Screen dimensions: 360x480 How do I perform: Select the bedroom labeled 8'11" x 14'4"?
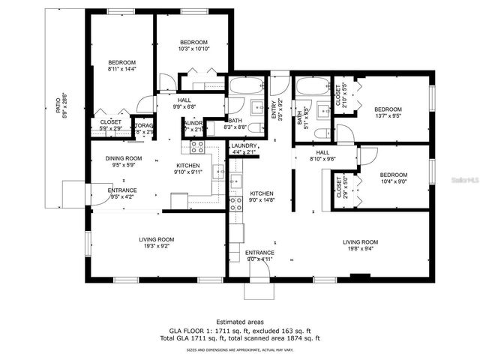coord(121,65)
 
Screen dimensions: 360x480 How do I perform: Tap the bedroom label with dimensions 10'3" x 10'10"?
coord(193,44)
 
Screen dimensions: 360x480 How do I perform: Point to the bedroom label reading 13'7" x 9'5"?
coord(388,112)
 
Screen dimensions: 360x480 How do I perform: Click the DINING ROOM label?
coord(123,161)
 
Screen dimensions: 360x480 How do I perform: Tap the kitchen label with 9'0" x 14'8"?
coord(261,196)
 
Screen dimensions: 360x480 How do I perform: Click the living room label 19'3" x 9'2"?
coord(156,243)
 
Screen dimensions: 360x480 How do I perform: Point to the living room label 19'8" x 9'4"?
coord(360,245)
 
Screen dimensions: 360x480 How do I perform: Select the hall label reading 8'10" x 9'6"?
coord(324,155)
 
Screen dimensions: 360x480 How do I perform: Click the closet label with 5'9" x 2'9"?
coord(110,124)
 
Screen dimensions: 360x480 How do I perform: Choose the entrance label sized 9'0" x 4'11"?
coord(260,256)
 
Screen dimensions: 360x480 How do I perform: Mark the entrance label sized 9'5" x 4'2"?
coord(123,193)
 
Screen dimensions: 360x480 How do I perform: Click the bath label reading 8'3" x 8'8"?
coord(235,124)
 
